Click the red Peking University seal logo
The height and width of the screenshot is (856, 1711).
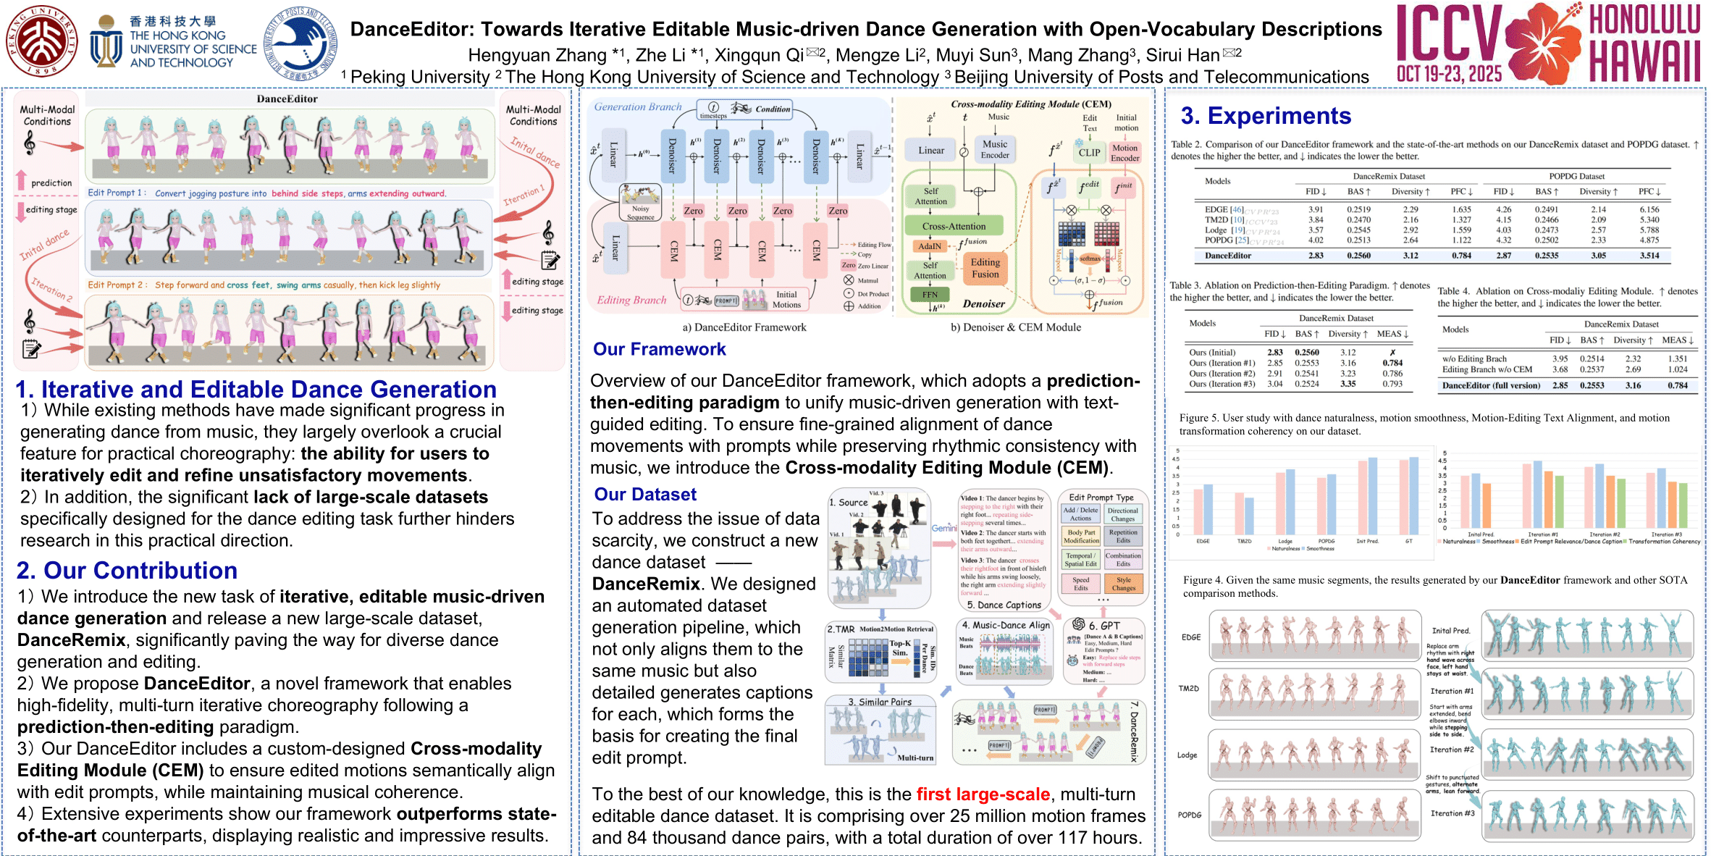pyautogui.click(x=42, y=42)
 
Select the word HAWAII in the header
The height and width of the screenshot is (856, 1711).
pyautogui.click(x=1644, y=62)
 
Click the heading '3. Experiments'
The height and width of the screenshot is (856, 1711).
pyautogui.click(x=1266, y=116)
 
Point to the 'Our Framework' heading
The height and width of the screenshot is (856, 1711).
pyautogui.click(x=659, y=349)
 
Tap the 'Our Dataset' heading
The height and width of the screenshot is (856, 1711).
pyautogui.click(x=645, y=495)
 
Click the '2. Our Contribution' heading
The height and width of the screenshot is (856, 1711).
pyautogui.click(x=127, y=571)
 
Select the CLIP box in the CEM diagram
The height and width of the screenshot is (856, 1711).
pyautogui.click(x=1089, y=153)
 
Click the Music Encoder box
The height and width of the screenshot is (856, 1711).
pyautogui.click(x=995, y=149)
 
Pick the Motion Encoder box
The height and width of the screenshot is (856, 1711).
pyautogui.click(x=1124, y=153)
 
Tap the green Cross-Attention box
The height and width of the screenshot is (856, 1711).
pyautogui.click(x=954, y=226)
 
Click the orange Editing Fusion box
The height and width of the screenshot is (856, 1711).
pyautogui.click(x=985, y=268)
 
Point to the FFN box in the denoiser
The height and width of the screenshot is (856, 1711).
pyautogui.click(x=930, y=295)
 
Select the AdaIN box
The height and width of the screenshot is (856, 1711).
pyautogui.click(x=930, y=246)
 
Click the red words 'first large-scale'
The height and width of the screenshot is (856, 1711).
pyautogui.click(x=983, y=794)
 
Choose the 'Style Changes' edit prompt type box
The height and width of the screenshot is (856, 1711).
pyautogui.click(x=1123, y=584)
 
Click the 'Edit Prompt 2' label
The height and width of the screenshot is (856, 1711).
pyautogui.click(x=116, y=285)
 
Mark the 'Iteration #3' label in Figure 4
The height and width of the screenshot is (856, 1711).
pyautogui.click(x=1452, y=813)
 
